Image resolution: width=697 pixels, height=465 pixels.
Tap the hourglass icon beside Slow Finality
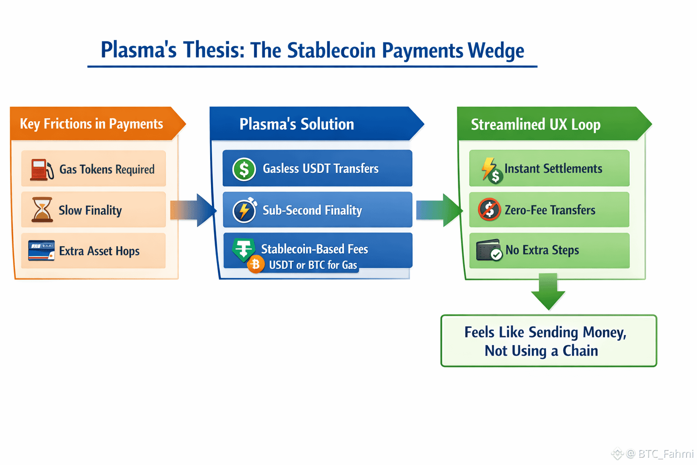42,210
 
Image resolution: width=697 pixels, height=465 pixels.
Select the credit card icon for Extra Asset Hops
41,250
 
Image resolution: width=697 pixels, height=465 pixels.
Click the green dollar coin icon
244,169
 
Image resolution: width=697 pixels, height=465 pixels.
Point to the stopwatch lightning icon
245,210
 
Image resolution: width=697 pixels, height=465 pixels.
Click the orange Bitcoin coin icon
256,264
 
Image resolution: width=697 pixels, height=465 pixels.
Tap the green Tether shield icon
243,249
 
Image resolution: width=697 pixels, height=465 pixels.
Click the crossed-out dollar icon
489,210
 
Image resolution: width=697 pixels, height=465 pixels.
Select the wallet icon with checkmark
489,250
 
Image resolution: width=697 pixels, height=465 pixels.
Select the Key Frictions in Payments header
92,124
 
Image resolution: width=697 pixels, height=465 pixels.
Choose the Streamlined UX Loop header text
535,124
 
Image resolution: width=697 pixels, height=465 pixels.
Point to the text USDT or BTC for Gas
313,265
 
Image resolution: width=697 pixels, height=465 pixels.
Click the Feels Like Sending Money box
549,341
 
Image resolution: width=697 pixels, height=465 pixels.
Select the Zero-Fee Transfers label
550,210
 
